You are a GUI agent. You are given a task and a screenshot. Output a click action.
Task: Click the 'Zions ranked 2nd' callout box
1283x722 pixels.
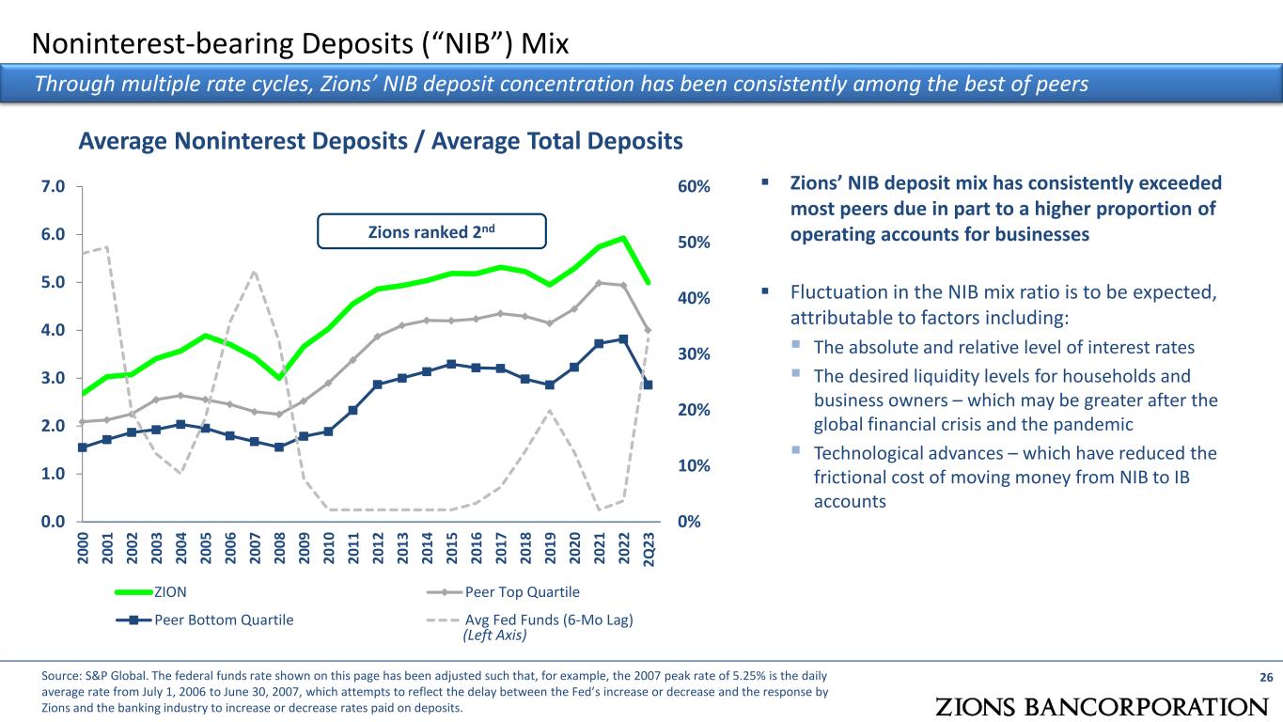431,231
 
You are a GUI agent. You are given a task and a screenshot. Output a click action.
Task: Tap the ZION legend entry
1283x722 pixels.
150,592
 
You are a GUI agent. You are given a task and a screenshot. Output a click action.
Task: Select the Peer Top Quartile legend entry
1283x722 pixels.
503,592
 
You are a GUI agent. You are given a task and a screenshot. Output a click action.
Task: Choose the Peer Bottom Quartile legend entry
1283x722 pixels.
205,620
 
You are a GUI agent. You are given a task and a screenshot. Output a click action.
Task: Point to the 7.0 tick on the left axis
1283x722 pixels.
53,186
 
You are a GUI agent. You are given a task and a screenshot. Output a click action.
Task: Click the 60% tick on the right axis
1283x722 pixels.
694,186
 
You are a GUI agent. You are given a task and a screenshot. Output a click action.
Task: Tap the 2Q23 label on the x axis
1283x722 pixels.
649,549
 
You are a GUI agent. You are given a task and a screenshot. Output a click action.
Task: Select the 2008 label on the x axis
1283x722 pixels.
279,548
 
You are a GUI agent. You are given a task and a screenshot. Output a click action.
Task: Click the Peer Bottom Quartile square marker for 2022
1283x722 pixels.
624,339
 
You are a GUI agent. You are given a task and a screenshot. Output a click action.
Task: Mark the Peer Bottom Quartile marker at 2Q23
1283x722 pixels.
649,385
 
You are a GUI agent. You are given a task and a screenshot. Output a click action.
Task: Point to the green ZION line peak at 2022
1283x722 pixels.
624,237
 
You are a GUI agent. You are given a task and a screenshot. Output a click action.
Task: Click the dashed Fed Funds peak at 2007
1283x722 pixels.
255,272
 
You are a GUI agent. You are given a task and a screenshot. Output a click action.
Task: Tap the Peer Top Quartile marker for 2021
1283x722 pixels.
599,282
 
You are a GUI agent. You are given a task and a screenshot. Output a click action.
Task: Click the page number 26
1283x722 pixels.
1266,677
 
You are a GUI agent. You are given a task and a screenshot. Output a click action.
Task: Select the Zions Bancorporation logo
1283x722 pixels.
1102,707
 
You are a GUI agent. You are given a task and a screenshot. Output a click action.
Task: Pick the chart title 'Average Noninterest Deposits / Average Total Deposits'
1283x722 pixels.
381,141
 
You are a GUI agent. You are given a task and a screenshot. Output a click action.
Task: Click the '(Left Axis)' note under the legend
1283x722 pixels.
494,635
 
